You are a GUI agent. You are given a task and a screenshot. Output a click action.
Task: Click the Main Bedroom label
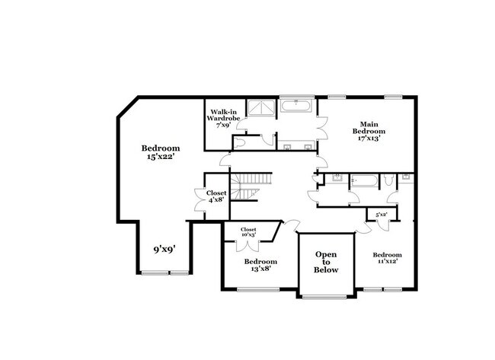tap(366, 130)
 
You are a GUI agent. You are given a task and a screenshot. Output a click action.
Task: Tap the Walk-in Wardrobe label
tap(222, 119)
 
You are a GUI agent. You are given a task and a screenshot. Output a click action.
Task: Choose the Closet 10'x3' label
tap(248, 232)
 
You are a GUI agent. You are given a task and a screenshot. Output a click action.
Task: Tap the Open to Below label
tap(326, 262)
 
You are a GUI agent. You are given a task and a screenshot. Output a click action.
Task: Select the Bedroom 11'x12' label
tap(387, 258)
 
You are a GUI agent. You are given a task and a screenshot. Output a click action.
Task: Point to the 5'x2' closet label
tap(381, 215)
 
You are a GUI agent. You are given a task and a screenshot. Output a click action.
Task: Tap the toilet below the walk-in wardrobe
tap(241, 142)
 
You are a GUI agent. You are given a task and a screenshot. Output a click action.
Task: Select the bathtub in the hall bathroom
tap(362, 180)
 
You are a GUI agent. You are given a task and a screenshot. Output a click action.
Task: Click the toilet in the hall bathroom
tap(388, 180)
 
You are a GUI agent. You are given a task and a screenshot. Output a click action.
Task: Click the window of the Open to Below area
tap(326, 296)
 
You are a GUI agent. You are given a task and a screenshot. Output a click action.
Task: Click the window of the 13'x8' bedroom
tap(259, 289)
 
